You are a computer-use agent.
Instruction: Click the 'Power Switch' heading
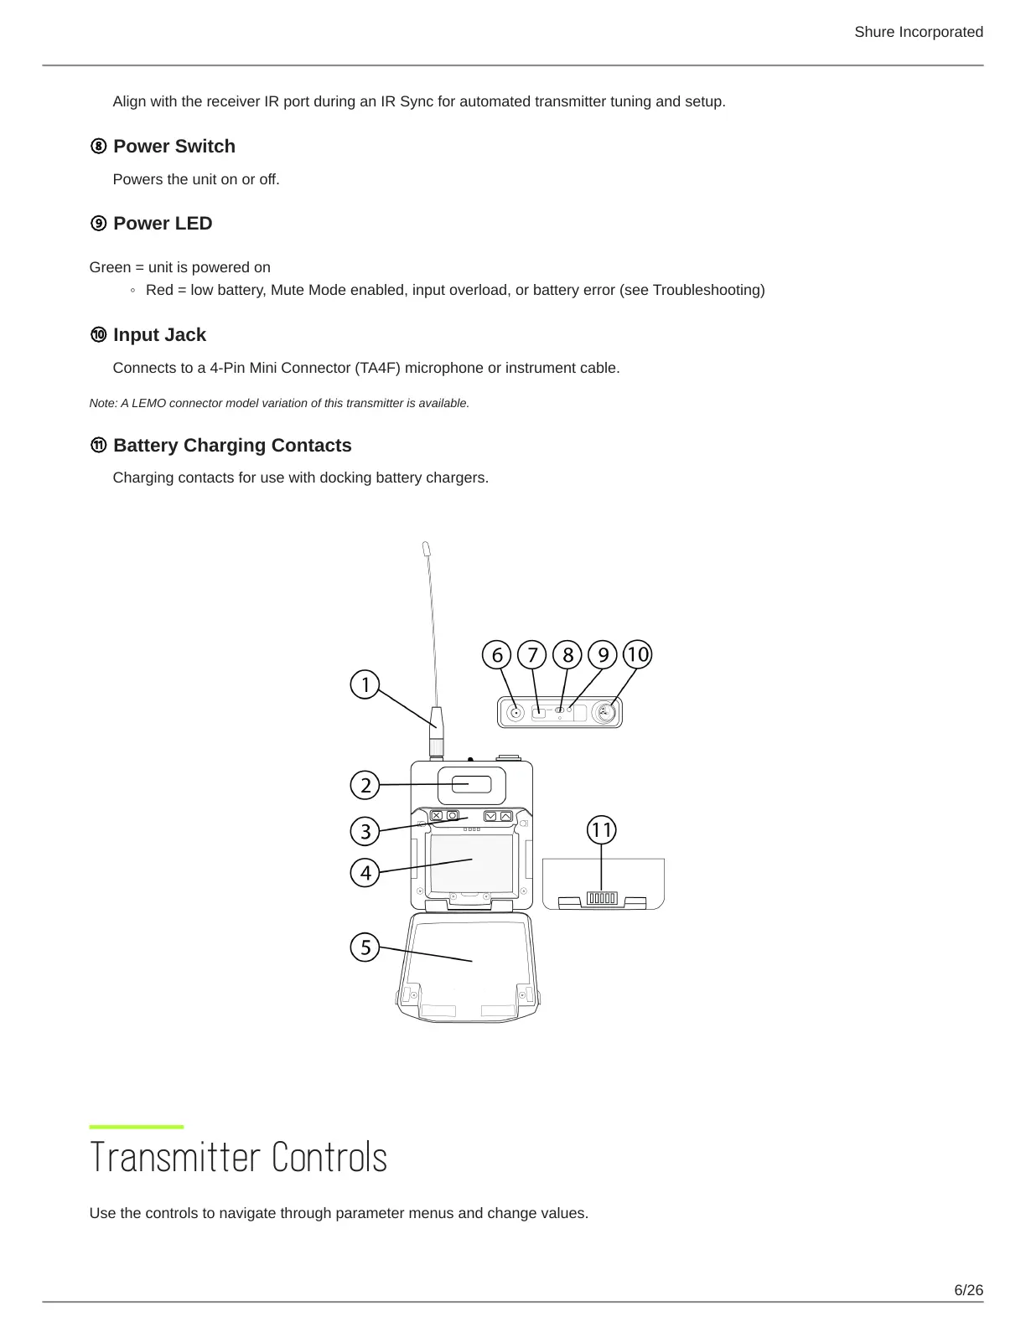[174, 147]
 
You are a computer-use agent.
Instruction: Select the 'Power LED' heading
[163, 224]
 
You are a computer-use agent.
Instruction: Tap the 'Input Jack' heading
[159, 335]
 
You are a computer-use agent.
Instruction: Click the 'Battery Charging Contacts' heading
[232, 446]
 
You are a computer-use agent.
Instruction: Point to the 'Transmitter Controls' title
[238, 1158]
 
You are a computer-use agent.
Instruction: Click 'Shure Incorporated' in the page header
[918, 32]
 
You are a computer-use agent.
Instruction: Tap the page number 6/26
[968, 1290]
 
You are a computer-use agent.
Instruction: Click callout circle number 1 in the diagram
[365, 685]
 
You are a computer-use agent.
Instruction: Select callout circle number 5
[365, 947]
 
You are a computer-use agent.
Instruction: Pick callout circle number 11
[601, 830]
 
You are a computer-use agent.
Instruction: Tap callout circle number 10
[638, 654]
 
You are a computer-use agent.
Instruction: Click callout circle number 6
[497, 654]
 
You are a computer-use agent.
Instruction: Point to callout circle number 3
[365, 832]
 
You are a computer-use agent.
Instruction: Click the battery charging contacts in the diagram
[602, 899]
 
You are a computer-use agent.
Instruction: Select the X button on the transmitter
[437, 815]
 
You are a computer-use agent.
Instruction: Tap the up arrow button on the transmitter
[505, 816]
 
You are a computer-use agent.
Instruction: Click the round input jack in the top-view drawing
[604, 713]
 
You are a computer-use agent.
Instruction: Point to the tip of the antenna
[427, 548]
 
